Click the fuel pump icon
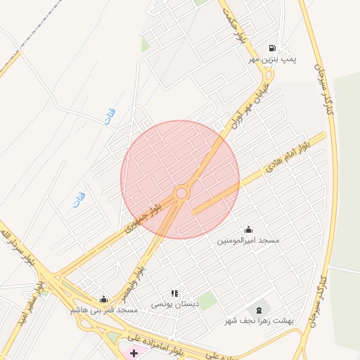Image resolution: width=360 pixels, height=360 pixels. click(272, 49)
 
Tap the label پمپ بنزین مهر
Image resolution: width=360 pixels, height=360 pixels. click(272, 60)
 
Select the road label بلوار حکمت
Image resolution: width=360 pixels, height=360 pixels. click(234, 26)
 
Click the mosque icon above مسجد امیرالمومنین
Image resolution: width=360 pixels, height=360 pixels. click(248, 230)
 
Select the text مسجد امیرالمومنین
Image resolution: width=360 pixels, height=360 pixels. click(247, 240)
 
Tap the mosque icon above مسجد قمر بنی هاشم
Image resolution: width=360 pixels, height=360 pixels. click(104, 299)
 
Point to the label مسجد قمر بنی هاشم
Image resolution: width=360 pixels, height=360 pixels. click(103, 309)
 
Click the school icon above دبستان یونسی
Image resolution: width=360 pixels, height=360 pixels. click(174, 293)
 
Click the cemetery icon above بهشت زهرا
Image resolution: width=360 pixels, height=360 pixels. click(259, 309)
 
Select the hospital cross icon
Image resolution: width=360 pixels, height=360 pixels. click(134, 352)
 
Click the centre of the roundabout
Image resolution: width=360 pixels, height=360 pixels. click(181, 193)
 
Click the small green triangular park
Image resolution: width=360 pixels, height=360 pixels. click(145, 45)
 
